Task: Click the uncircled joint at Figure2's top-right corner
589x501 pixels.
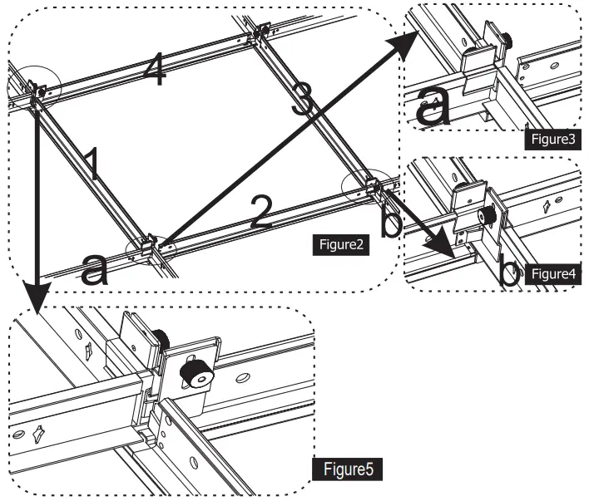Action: pos(260,32)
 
